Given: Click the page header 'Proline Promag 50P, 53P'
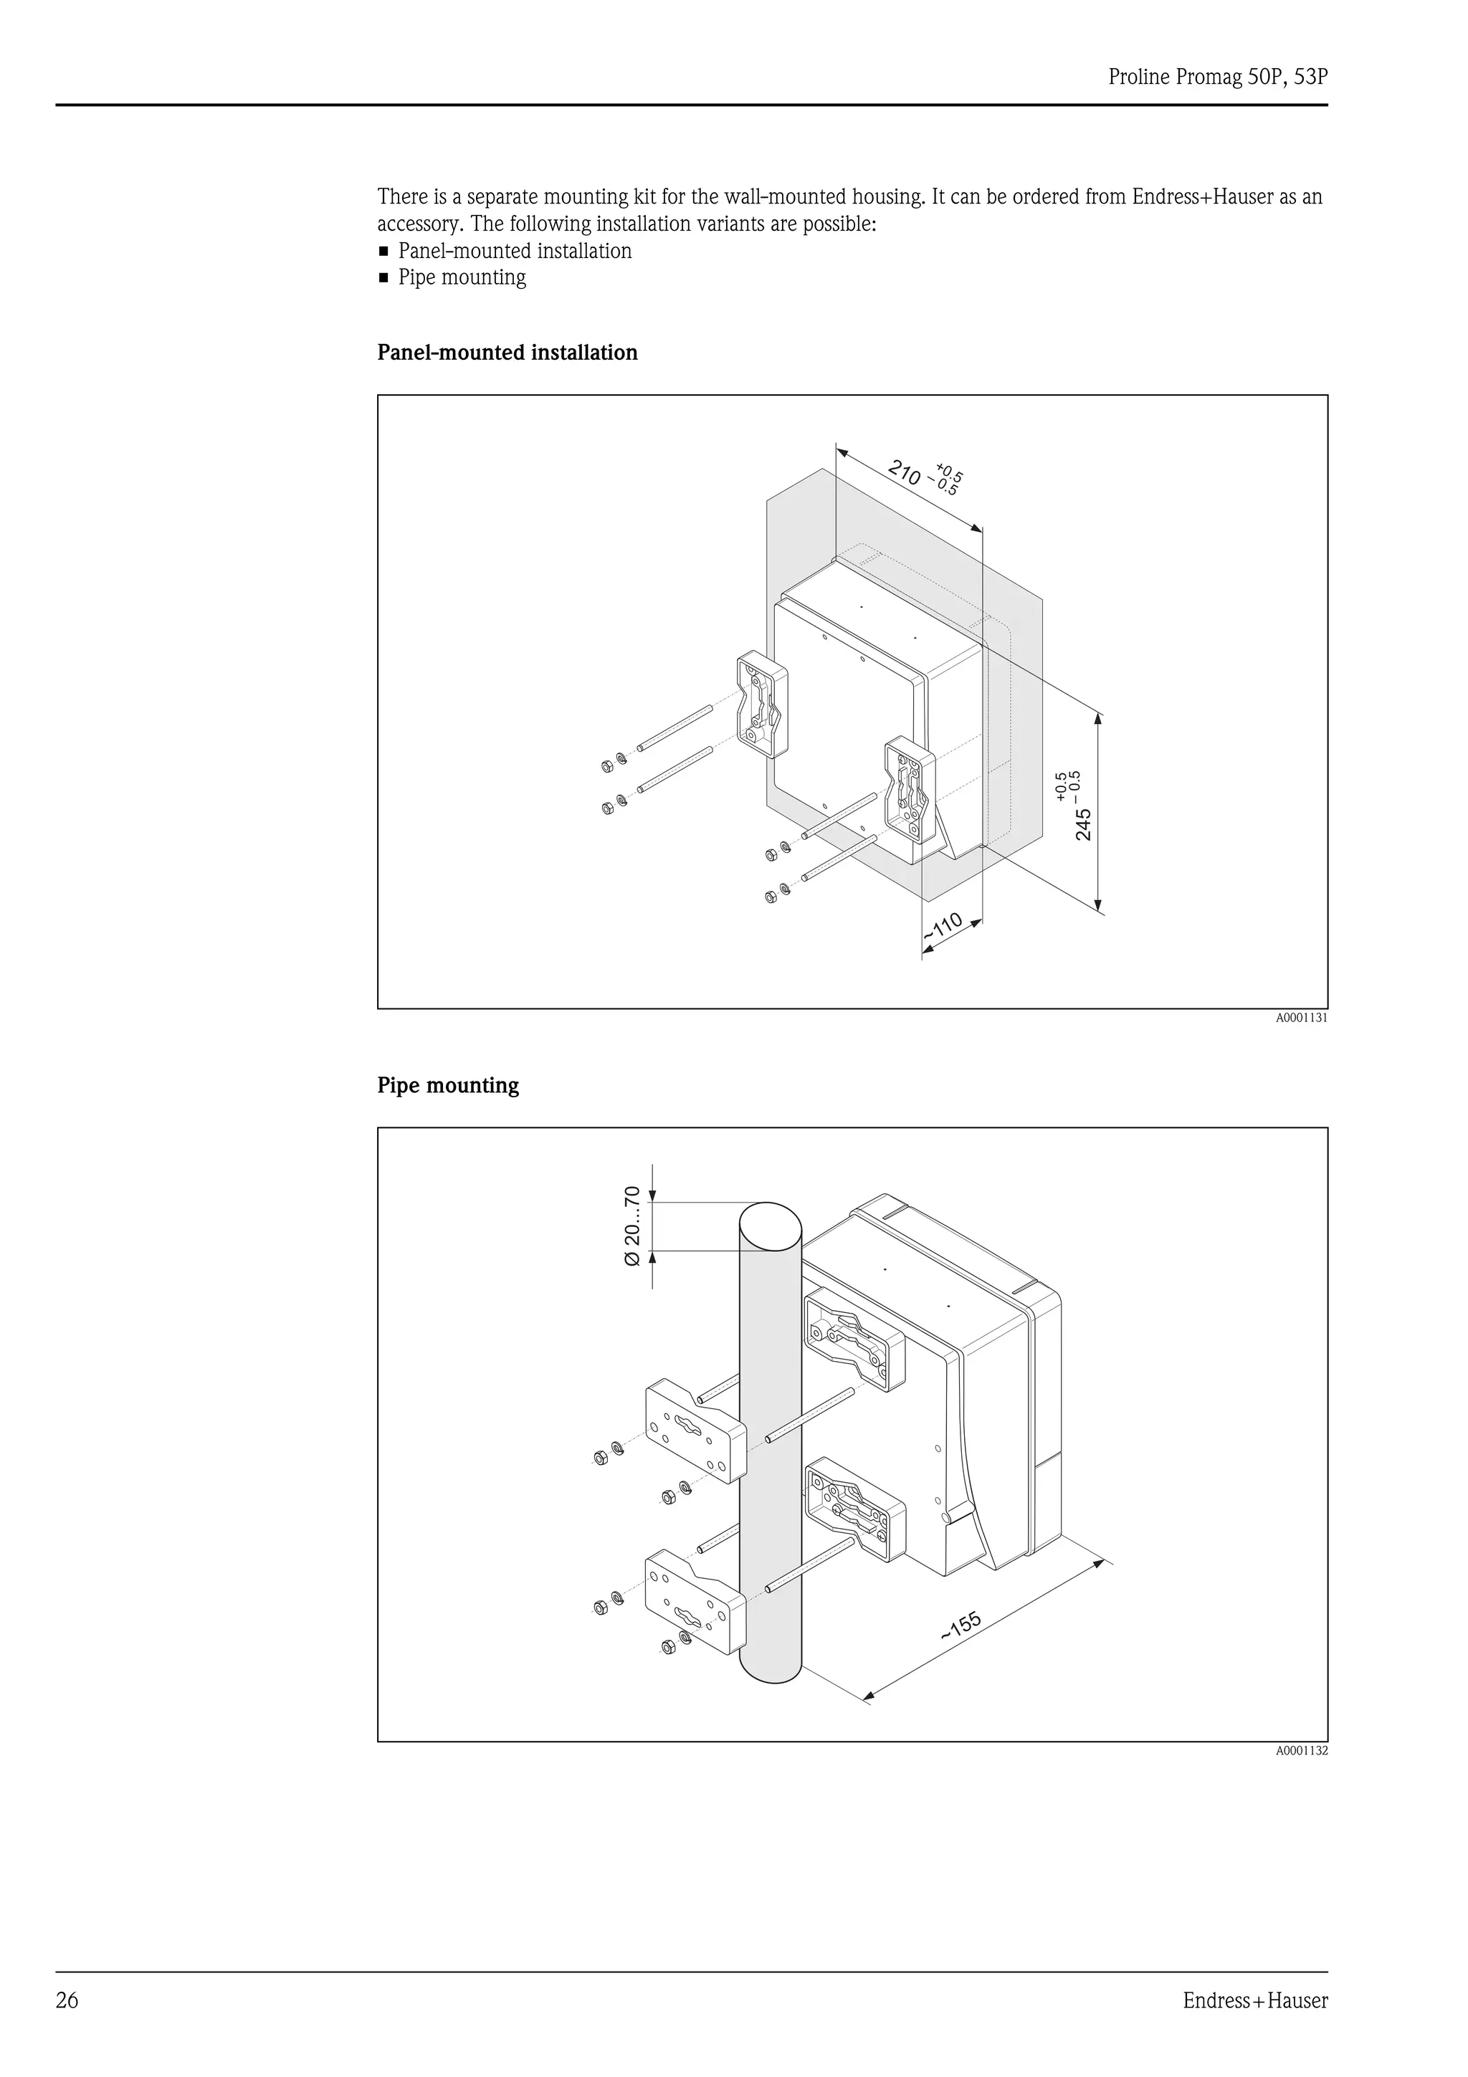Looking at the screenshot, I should (1217, 78).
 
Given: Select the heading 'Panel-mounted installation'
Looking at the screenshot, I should (507, 353).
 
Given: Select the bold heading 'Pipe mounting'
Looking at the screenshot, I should (448, 1086).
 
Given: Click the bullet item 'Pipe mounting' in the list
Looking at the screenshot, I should (462, 277).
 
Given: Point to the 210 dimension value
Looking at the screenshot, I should (905, 472).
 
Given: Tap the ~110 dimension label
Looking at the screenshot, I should (943, 928).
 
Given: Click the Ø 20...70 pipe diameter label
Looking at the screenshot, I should (632, 1226).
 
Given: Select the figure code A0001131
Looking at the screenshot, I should (1302, 1018).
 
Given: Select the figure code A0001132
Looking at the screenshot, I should (1302, 1750).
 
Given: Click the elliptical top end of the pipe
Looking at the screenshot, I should (770, 1226).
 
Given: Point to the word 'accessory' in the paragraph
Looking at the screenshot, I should (420, 224).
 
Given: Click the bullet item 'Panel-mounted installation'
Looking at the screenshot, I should (515, 252).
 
